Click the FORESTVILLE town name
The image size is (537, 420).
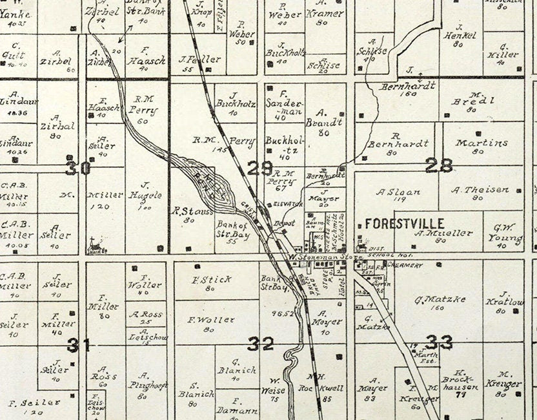click(405, 223)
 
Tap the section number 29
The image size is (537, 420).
click(260, 169)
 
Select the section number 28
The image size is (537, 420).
click(439, 165)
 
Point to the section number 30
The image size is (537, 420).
click(77, 168)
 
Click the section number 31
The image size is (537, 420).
click(79, 345)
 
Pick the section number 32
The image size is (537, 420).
click(261, 344)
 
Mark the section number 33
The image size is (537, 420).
click(439, 342)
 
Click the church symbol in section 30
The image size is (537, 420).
click(95, 246)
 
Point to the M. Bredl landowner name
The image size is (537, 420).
click(481, 100)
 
